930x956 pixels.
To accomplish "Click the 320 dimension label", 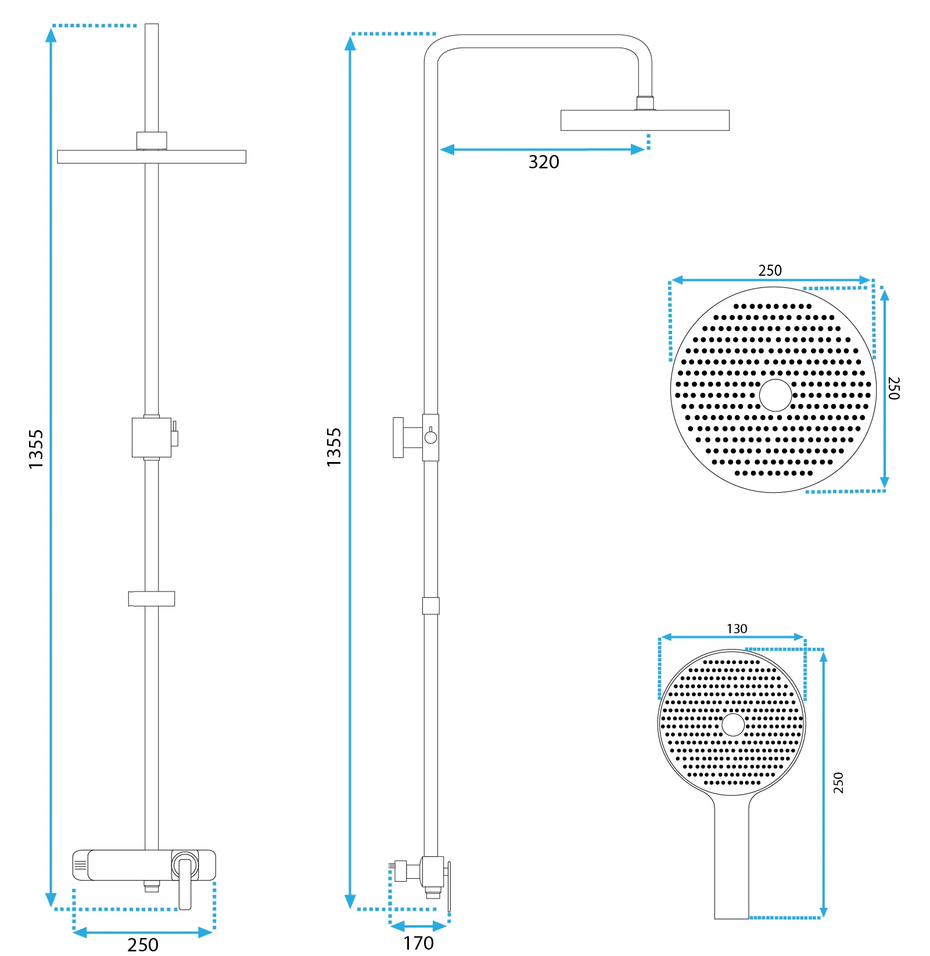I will pyautogui.click(x=544, y=162).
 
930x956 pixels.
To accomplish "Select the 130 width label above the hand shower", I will pyautogui.click(x=737, y=629).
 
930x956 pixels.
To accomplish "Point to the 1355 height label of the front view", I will pyautogui.click(x=36, y=449).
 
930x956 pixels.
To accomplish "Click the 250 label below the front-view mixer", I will pyautogui.click(x=143, y=944).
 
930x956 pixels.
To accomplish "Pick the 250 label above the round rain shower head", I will pyautogui.click(x=770, y=270).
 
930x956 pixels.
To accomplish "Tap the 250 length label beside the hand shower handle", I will pyautogui.click(x=838, y=782).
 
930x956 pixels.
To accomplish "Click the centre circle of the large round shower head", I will pyautogui.click(x=775, y=395).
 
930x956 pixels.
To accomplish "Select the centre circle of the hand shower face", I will pyautogui.click(x=732, y=724).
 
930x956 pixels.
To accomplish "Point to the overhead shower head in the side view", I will pyautogui.click(x=645, y=120).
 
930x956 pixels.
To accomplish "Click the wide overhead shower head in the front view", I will pyautogui.click(x=152, y=157).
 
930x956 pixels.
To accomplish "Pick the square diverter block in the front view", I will pyautogui.click(x=152, y=437).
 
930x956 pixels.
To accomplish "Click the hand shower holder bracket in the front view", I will pyautogui.click(x=152, y=598).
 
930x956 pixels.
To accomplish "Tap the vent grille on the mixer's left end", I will pyautogui.click(x=80, y=865).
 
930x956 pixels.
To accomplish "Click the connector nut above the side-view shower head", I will pyautogui.click(x=645, y=103).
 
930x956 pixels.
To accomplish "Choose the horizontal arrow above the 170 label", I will pyautogui.click(x=419, y=926).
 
